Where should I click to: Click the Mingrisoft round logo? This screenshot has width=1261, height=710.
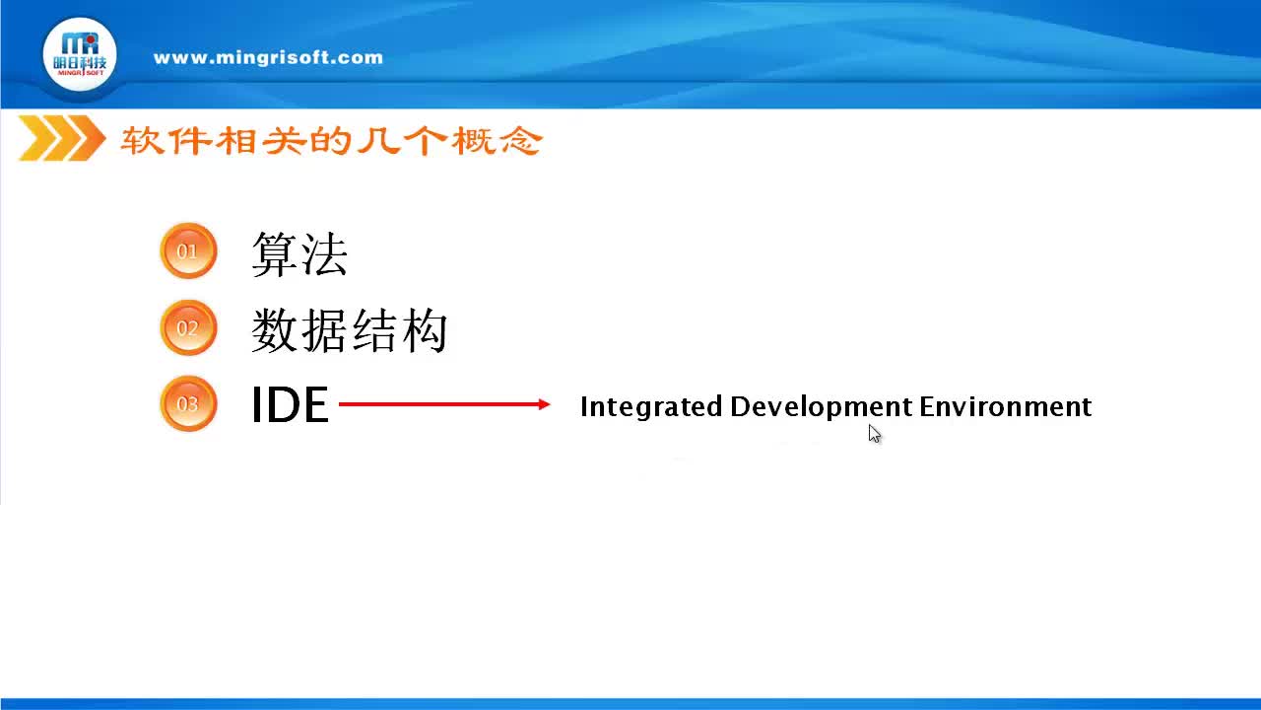80,55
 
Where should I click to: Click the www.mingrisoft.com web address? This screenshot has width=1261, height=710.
268,57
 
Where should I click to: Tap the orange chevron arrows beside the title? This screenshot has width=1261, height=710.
61,139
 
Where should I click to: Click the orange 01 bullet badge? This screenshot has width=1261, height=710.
187,251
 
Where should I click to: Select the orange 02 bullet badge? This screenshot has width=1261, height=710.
187,327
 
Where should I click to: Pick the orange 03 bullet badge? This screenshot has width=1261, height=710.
187,403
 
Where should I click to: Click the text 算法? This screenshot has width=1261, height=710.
299,253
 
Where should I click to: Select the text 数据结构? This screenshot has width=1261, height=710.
349,330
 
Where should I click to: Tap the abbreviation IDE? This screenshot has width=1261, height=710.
290,405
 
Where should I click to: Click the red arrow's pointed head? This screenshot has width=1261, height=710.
544,404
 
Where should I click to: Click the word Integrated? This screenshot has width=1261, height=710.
651,406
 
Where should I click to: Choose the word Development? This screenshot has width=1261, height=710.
821,406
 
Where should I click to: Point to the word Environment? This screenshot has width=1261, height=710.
1005,406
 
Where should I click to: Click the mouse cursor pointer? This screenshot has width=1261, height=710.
874,434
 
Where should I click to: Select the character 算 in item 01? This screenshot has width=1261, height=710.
275,253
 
